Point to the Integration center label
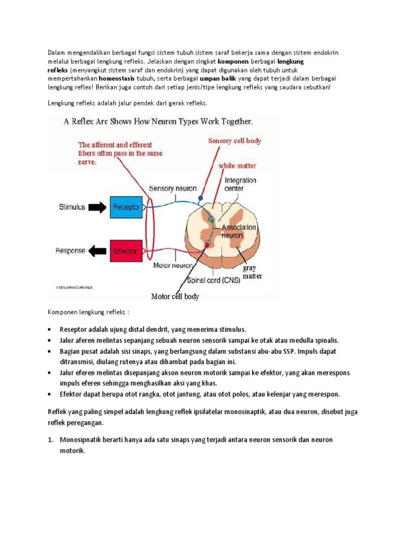point(240,184)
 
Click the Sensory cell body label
point(234,141)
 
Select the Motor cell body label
point(175,296)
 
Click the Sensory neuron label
point(172,188)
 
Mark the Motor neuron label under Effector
point(172,264)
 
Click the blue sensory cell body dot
point(200,198)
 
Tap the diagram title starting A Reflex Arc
point(158,121)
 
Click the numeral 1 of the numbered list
point(51,440)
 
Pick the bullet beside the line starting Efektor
point(49,395)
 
